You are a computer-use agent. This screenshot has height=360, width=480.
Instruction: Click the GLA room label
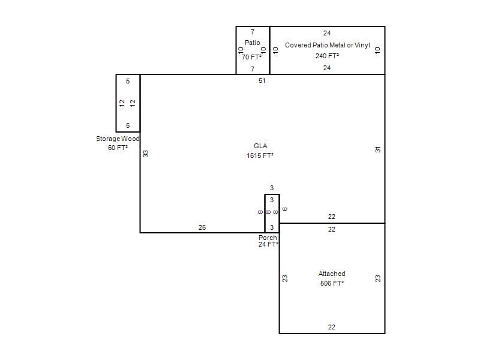coord(260,146)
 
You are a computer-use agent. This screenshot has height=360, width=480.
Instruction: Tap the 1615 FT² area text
coord(260,155)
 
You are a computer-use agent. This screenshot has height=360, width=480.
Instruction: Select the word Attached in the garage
coord(332,274)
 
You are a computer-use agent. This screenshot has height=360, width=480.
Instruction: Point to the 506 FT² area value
coord(332,283)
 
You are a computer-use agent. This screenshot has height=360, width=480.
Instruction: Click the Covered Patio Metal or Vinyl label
coord(327,46)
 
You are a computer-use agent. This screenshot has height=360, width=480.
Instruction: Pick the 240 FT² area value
coord(327,56)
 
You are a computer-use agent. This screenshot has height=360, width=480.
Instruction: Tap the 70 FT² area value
coord(251,57)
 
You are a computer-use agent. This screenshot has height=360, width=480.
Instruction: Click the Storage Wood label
coord(118,139)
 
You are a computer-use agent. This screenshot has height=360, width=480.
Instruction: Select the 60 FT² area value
coord(118,148)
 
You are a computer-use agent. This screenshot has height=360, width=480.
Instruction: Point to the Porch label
coord(268,238)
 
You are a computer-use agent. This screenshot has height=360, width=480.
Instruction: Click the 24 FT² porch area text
coord(268,244)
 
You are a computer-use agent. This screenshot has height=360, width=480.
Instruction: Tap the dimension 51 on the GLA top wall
coord(262,80)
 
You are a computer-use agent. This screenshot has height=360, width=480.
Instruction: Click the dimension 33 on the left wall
coord(146,154)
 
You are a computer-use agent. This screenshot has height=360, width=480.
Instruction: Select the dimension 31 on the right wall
coord(378,149)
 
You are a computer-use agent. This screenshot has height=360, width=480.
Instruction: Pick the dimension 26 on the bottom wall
coord(202,227)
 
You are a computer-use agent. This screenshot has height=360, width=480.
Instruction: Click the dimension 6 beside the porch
coord(284,209)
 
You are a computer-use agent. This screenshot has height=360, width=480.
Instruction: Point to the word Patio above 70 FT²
coord(252,43)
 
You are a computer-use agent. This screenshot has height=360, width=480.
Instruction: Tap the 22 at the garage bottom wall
coord(332,327)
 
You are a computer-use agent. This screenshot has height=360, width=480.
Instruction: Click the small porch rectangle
coord(265,214)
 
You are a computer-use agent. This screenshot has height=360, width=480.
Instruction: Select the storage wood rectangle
coord(116,103)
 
